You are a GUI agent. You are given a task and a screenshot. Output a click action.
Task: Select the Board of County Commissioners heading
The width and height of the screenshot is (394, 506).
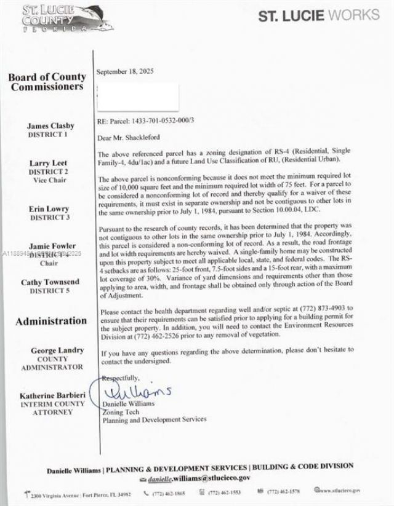(47, 82)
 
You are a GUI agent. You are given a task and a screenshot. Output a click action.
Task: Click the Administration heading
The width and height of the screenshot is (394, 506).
(51, 320)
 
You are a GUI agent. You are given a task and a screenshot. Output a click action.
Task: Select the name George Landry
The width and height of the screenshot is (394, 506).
(57, 350)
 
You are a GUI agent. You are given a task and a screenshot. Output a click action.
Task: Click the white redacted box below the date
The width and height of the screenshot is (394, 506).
(138, 97)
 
